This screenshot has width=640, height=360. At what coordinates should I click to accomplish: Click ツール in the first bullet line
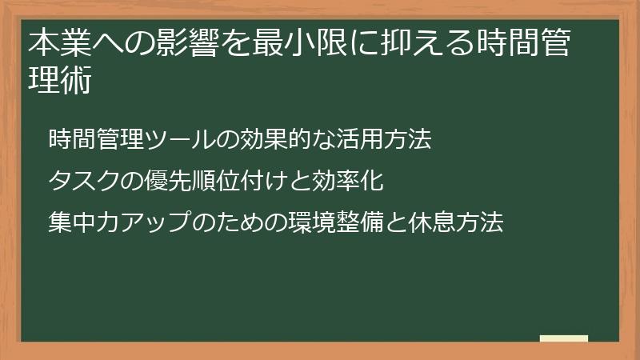click(x=181, y=140)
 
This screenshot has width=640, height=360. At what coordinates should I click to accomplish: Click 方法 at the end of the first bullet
click(x=408, y=140)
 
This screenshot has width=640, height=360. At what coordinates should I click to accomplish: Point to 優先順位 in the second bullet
click(x=193, y=181)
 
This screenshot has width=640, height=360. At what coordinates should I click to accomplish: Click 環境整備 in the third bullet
click(x=324, y=222)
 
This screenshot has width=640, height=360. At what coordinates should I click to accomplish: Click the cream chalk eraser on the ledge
click(x=564, y=338)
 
